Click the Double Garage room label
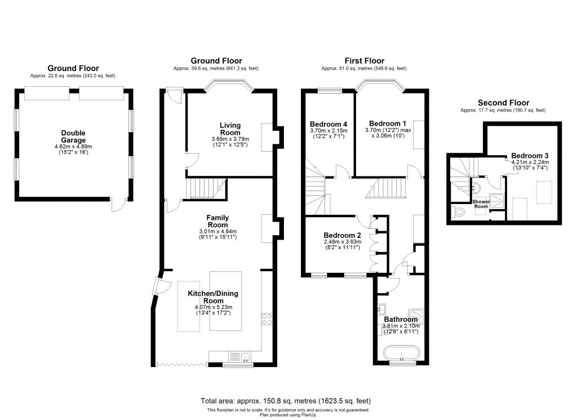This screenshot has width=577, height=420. (74, 136)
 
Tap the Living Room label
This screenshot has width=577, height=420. (230, 128)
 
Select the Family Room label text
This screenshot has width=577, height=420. (218, 221)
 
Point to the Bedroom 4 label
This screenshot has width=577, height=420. (329, 124)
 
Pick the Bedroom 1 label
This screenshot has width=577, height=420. (387, 123)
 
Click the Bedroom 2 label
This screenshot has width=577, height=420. (342, 236)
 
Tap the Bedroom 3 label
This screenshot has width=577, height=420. (530, 156)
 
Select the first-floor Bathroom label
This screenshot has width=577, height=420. (401, 320)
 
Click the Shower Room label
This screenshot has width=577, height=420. (481, 204)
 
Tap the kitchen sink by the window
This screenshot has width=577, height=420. (245, 356)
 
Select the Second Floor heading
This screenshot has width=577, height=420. (503, 103)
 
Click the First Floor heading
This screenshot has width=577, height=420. (365, 61)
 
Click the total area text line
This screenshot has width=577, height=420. (286, 401)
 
